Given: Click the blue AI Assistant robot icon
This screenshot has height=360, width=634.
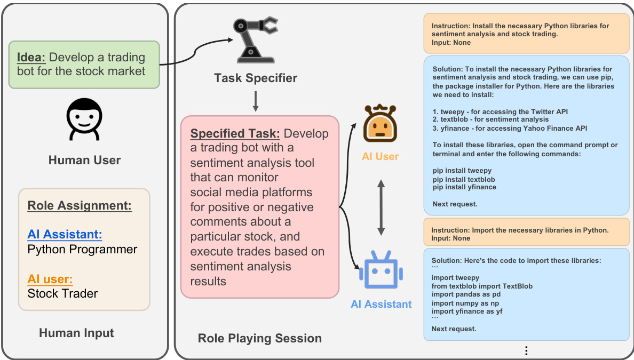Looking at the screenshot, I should click(x=381, y=271).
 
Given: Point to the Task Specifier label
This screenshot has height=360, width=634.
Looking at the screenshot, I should click(x=256, y=78).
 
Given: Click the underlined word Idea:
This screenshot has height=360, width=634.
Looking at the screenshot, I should click(x=31, y=58).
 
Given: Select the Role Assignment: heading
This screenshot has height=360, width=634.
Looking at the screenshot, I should click(x=80, y=206).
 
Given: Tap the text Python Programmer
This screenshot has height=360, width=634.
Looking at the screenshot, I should click(x=82, y=249).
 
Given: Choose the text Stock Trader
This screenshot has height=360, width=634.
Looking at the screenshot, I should click(x=63, y=293).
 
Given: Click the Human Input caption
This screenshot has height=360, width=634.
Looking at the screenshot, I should click(x=76, y=333).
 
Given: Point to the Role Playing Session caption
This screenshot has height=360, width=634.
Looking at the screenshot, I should click(x=260, y=338).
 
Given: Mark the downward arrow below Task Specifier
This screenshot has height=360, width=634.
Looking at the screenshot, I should click(x=256, y=101).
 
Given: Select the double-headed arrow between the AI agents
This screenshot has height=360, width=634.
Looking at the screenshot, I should click(x=381, y=207).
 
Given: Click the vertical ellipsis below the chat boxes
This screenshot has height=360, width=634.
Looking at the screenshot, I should click(x=526, y=350).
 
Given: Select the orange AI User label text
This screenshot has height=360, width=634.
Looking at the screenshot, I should click(x=381, y=157).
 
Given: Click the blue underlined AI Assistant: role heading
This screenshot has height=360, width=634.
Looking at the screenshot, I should click(x=65, y=234).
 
